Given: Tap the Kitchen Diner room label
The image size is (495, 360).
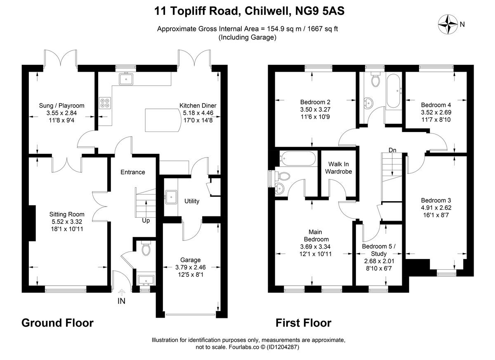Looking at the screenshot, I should pos(198,106).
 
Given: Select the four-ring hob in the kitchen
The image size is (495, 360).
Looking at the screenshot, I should pos(105,102).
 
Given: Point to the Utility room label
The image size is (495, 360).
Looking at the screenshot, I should pos(192,201).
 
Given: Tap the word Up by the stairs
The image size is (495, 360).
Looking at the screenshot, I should pos(146,220).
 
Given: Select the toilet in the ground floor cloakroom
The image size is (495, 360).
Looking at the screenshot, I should pos(145,249).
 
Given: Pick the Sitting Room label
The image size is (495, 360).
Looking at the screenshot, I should pos(67,214).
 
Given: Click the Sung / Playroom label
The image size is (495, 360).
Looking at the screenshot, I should pos(61,106).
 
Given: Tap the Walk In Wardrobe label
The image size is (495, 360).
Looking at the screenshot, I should pos(338,167).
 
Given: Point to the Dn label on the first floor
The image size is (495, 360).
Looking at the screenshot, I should pos(392,150).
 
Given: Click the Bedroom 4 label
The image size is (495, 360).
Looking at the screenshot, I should pos(434,105).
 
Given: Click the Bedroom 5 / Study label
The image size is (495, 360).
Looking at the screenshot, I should pos(379,250).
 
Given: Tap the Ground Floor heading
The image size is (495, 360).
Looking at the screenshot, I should pos(57,322).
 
